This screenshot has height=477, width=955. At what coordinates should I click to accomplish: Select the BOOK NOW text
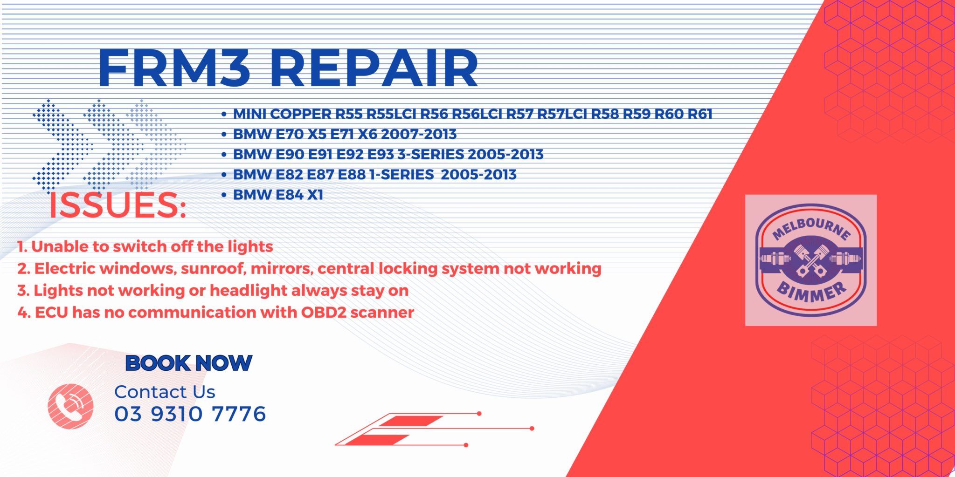click(x=189, y=363)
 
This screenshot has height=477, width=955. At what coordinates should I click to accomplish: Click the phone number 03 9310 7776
click(x=190, y=414)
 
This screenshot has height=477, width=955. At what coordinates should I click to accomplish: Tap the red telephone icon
click(x=70, y=406)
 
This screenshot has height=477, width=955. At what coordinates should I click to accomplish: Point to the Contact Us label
click(x=165, y=392)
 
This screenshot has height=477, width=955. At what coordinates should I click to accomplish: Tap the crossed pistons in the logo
click(x=811, y=259)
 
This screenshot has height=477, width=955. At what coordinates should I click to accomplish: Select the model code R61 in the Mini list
click(x=699, y=114)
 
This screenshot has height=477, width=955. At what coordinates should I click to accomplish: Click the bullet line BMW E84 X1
click(x=278, y=195)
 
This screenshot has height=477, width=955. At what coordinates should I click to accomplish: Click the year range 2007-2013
click(x=419, y=134)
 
